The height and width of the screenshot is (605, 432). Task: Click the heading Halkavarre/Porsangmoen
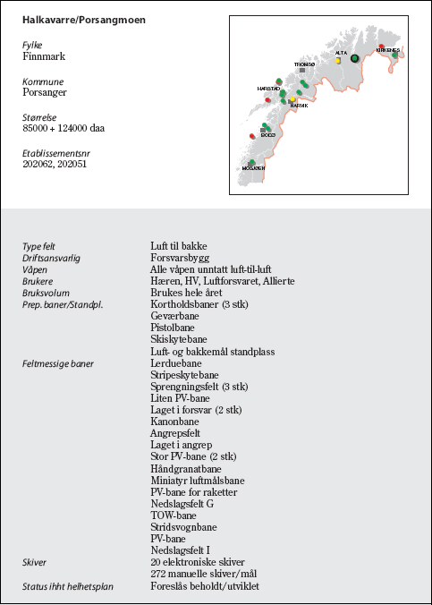coord(83,19)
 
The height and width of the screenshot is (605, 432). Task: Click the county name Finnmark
coord(44,55)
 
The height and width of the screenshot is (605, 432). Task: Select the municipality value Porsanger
coord(45,91)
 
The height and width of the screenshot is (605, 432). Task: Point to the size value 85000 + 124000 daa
coord(63,128)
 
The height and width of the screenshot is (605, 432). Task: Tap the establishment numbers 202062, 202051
coord(55,165)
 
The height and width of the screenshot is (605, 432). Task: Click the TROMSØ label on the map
coord(305,64)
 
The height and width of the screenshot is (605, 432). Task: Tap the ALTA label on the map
coord(341,53)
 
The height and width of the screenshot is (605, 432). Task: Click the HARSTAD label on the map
coord(268,89)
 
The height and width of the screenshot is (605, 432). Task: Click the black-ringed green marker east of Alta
coord(355,58)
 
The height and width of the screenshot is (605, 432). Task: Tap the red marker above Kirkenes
coord(382,46)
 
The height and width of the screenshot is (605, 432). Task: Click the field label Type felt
coord(40,246)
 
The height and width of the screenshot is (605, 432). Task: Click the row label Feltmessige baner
coord(57,363)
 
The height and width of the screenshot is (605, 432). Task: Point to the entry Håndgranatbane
coord(186,469)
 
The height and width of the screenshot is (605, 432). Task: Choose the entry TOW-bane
coord(174,516)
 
